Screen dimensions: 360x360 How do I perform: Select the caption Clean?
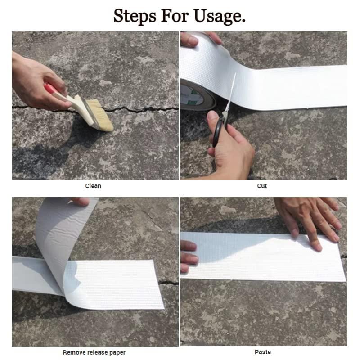(93, 186)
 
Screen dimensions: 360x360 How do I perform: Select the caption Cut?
(262, 186)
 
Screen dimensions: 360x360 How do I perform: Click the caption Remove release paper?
(94, 352)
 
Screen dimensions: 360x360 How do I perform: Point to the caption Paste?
(263, 352)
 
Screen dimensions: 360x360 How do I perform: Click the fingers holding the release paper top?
(81, 201)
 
